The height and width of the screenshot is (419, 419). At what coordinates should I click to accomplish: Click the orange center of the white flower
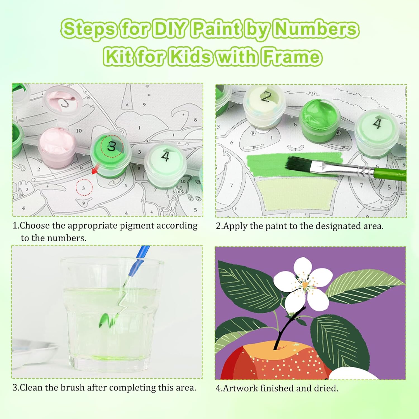[x=305, y=285]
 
